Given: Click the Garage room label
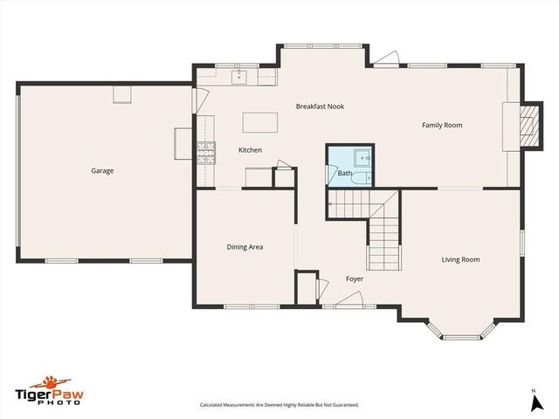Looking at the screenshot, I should [102, 170].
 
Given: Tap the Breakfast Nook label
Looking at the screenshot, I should [320, 106].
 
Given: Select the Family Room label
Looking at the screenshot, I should [442, 125].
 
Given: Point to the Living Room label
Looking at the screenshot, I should [460, 259].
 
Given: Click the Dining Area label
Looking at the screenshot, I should [245, 247].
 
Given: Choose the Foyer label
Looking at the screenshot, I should [354, 278].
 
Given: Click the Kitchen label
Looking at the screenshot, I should [250, 150].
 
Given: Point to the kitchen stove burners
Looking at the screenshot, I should [206, 154].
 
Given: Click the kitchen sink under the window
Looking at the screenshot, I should [239, 78].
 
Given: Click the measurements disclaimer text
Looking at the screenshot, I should [279, 405].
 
